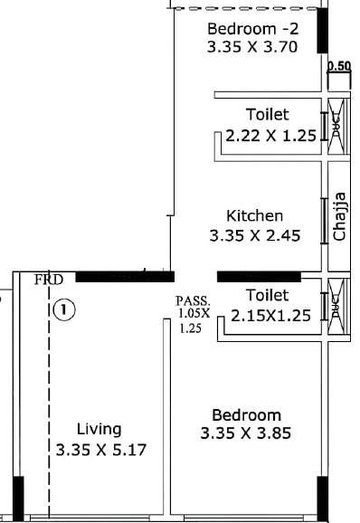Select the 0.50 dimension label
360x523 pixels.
tap(339, 66)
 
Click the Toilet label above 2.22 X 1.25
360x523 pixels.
tap(267, 115)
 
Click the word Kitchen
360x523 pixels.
tap(255, 216)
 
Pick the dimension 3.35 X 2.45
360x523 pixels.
tap(254, 236)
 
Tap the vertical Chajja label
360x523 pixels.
tap(340, 216)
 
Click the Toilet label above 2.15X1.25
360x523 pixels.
tap(267, 296)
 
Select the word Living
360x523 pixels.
tap(99, 429)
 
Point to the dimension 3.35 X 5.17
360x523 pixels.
tap(100, 449)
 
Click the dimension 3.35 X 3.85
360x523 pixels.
tap(247, 433)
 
